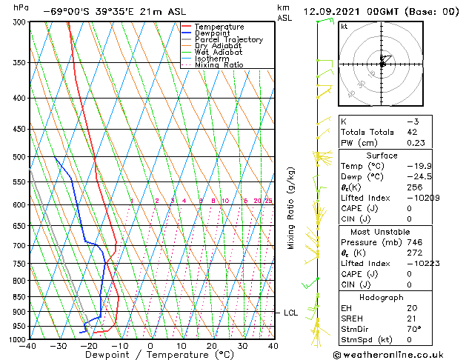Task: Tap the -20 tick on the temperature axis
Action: pyautogui.click(x=89, y=345)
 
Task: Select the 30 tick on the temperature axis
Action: pyautogui.click(x=242, y=345)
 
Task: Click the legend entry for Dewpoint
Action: pyautogui.click(x=210, y=33)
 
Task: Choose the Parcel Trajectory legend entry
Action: pyautogui.click(x=228, y=40)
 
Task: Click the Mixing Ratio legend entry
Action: pyautogui.click(x=219, y=65)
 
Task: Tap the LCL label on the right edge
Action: pyautogui.click(x=290, y=313)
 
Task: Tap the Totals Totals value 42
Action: pyautogui.click(x=411, y=132)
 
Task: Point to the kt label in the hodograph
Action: pyautogui.click(x=344, y=27)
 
